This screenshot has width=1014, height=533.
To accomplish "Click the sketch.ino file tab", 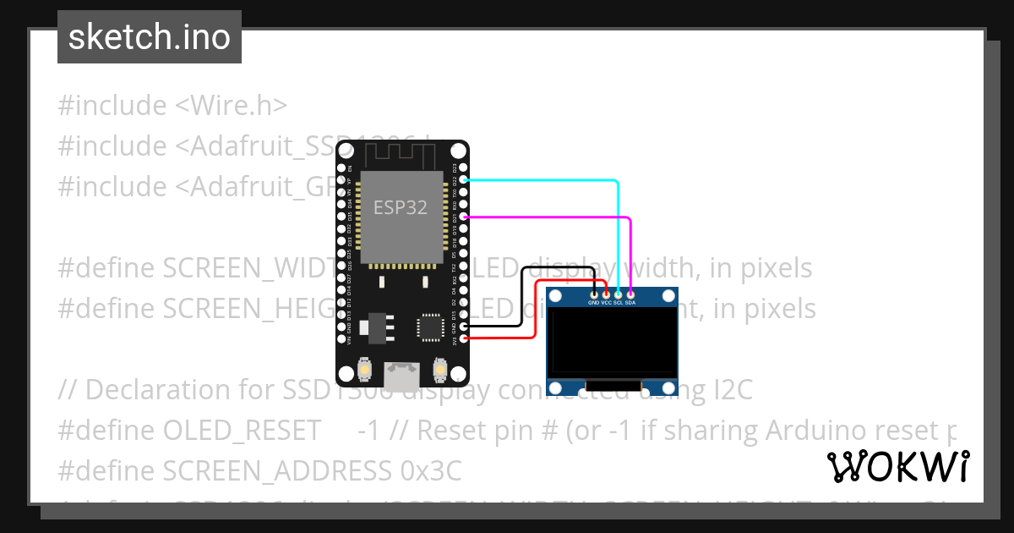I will (150, 37).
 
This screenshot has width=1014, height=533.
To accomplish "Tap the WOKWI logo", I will (897, 466).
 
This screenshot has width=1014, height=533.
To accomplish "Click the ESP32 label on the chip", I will (401, 207).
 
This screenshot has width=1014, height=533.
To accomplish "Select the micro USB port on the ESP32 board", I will (401, 373).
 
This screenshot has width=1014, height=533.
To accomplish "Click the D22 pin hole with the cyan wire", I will (462, 180).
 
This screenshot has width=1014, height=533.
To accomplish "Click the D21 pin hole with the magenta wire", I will (462, 217).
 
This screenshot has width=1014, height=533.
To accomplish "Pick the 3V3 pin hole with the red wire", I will (462, 338).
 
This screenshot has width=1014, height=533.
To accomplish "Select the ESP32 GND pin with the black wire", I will (462, 326).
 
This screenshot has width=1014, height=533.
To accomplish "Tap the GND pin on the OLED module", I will (594, 294).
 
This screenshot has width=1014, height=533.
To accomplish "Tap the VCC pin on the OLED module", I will (606, 294).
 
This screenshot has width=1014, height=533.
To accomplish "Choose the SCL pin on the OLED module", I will (618, 294).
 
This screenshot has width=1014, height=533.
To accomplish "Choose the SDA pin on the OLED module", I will (630, 294).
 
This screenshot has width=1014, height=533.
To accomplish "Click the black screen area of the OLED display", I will (613, 342).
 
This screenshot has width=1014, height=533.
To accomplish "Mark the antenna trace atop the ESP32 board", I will (401, 156).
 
